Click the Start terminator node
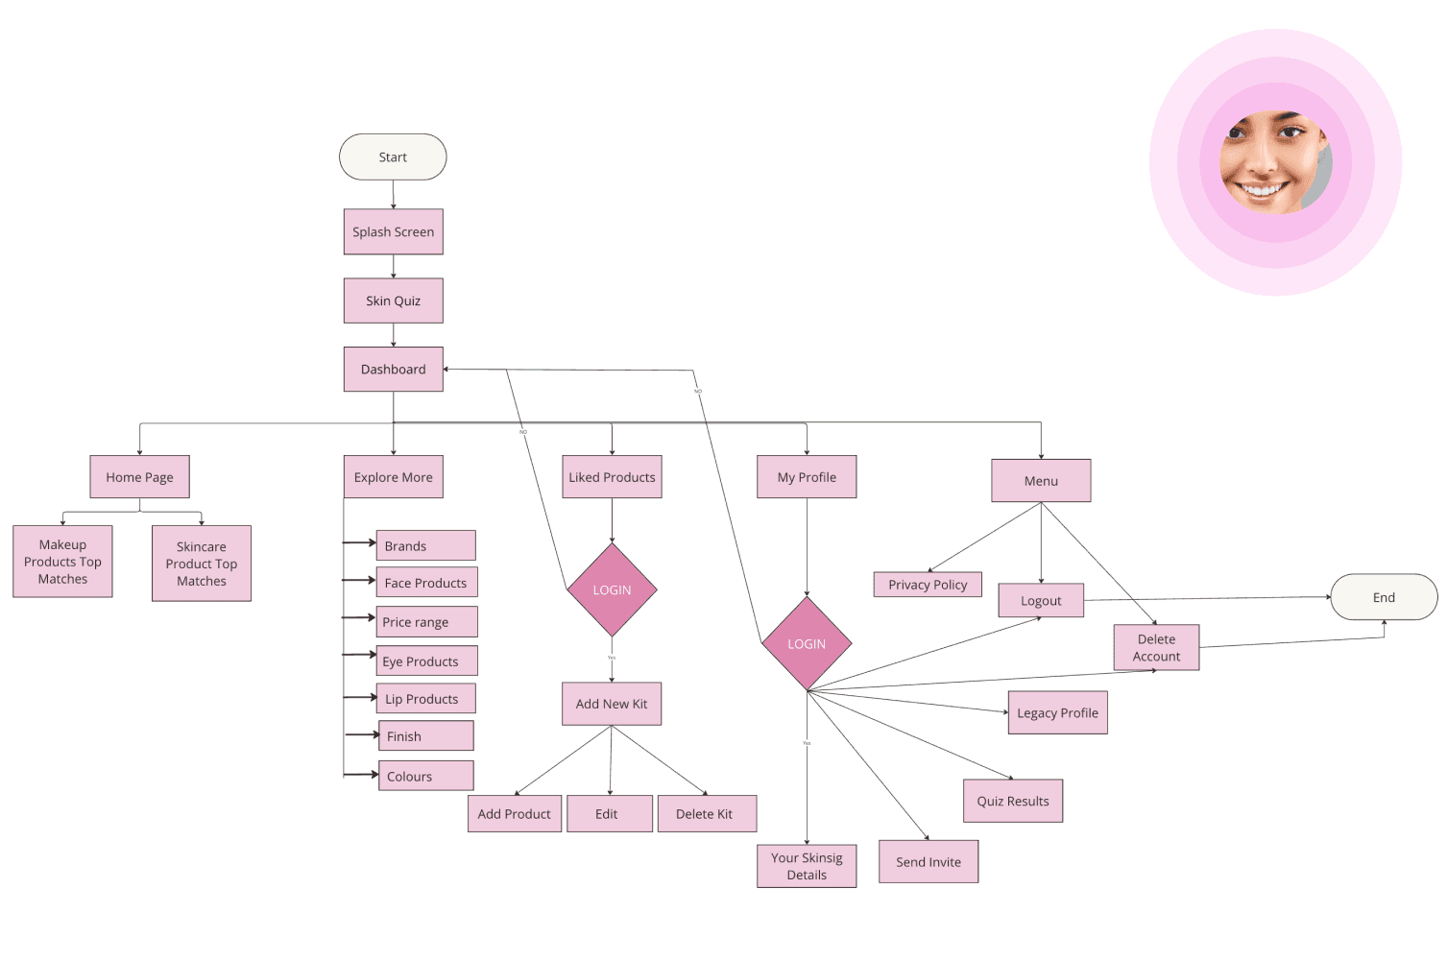393,157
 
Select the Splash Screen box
393,232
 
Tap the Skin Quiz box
393,300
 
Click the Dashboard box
393,370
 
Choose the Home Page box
139,477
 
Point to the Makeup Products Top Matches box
62,562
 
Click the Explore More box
393,477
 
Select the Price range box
426,622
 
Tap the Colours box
425,776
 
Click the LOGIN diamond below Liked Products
612,590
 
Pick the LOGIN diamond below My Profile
807,644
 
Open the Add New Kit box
612,704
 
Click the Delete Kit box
707,814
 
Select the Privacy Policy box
928,585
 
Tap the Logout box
1041,601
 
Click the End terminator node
1384,597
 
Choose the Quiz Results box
1013,801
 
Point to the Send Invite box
928,862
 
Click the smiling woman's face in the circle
1270,161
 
